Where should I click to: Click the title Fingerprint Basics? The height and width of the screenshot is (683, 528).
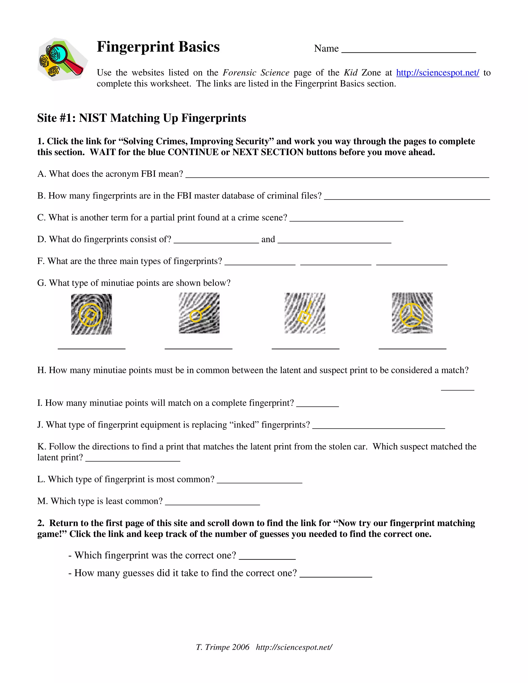coord(158,47)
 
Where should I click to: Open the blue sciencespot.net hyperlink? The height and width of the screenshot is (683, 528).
coord(437,73)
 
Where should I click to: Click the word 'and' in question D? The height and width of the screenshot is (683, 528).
coord(268,239)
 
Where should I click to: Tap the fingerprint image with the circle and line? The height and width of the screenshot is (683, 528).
coord(199,313)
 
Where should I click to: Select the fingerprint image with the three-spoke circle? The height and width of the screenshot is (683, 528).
coord(412,313)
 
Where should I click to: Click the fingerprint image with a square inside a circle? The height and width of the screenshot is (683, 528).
coord(91,314)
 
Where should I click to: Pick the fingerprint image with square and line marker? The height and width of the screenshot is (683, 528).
coord(305,313)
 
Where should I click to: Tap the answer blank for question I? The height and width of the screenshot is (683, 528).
coord(317,405)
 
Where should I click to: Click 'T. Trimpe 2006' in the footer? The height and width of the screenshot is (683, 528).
coord(222,647)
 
